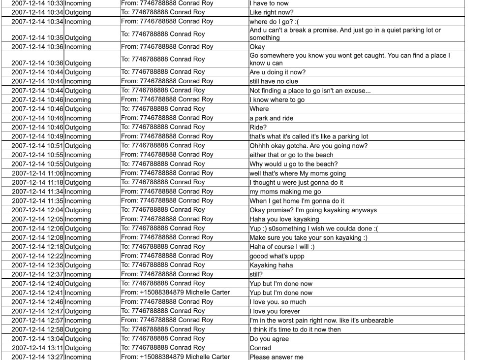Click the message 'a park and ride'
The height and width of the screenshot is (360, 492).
coord(271,118)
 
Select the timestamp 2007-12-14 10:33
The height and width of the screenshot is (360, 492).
coord(37,3)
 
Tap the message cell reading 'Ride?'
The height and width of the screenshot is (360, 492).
coord(259,127)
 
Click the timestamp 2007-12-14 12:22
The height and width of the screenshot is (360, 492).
coord(37,256)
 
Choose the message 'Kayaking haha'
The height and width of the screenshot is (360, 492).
coord(271,265)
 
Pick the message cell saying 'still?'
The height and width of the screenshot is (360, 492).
coord(256,274)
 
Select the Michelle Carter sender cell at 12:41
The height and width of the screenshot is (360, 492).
coord(175,293)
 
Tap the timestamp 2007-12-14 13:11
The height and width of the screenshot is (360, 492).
coord(37,348)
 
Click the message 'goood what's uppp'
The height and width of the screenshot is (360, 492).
coord(277,256)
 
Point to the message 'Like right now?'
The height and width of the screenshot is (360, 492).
coord(272,12)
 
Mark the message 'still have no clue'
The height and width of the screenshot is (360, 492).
coord(274,81)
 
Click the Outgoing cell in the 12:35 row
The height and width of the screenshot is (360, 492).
coord(78,265)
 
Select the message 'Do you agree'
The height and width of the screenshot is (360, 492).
coord(269,339)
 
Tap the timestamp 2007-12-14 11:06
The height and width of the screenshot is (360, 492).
coord(37,173)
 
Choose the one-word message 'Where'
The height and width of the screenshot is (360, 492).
coord(259,109)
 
